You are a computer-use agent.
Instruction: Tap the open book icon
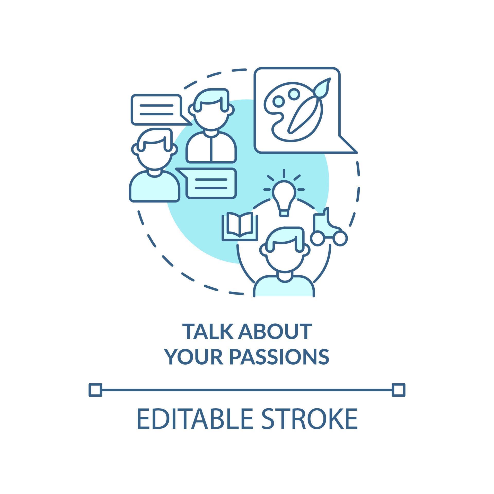240,226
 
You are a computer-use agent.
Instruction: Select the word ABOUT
275,332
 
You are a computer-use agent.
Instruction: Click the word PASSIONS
279,357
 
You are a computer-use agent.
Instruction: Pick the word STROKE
310,418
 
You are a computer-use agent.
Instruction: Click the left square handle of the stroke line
95,390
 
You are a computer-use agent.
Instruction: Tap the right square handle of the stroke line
399,390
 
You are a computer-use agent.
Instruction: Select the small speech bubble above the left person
161,110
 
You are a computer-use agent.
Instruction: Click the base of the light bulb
284,213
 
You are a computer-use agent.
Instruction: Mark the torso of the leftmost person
154,186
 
